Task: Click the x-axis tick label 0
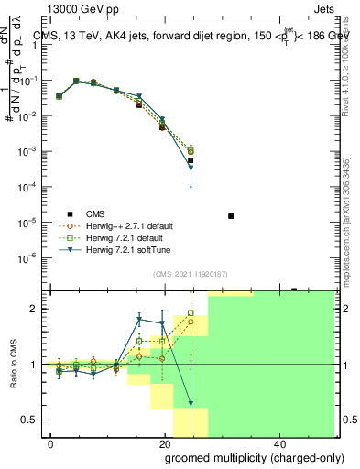(x=51, y=443)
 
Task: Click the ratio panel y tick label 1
(x=36, y=365)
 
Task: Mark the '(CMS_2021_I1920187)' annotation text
(x=190, y=274)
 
